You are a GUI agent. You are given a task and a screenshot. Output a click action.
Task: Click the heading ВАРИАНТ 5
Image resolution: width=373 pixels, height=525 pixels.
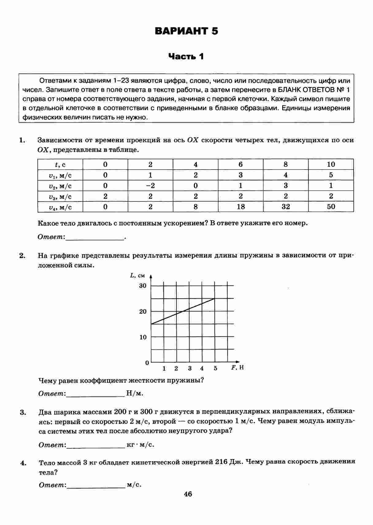tap(186, 31)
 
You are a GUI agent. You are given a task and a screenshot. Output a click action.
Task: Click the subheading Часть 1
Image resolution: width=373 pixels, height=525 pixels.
tap(186, 56)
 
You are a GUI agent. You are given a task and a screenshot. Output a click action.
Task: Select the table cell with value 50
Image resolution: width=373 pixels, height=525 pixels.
tap(331, 207)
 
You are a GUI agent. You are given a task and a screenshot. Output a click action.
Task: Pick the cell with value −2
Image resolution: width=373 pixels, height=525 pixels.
tap(150, 186)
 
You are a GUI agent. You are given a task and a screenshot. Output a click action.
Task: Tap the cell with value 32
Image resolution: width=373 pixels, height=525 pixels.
tap(286, 207)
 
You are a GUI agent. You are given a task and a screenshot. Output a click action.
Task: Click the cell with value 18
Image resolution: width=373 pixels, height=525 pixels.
tap(241, 207)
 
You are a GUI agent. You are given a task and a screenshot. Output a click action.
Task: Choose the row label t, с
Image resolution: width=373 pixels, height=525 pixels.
tap(60, 165)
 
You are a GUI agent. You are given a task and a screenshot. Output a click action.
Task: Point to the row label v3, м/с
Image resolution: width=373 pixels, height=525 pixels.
tap(60, 197)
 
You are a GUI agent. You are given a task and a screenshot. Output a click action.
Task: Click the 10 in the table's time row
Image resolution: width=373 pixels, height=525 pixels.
tap(331, 164)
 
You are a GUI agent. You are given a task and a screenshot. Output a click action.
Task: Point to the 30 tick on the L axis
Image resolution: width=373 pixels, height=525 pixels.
tap(143, 286)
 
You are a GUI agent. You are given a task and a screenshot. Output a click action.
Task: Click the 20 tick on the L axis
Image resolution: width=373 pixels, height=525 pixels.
tap(143, 312)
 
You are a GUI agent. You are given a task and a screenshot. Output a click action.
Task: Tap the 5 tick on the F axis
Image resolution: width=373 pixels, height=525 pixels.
tap(215, 368)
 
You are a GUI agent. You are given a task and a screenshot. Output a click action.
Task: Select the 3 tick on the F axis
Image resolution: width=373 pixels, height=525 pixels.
tap(190, 368)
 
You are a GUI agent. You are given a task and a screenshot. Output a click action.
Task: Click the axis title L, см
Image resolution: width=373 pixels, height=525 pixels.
tap(137, 275)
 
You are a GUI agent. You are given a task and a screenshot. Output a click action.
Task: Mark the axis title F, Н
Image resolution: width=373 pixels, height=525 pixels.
tap(237, 367)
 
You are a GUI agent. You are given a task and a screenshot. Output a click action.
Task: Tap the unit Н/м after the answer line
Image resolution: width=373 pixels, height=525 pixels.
tap(135, 393)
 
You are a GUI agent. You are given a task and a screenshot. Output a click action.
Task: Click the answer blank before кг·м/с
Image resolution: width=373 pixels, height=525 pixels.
tap(96, 445)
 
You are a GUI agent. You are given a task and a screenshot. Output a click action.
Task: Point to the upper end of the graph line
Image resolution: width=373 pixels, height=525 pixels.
tap(214, 298)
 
